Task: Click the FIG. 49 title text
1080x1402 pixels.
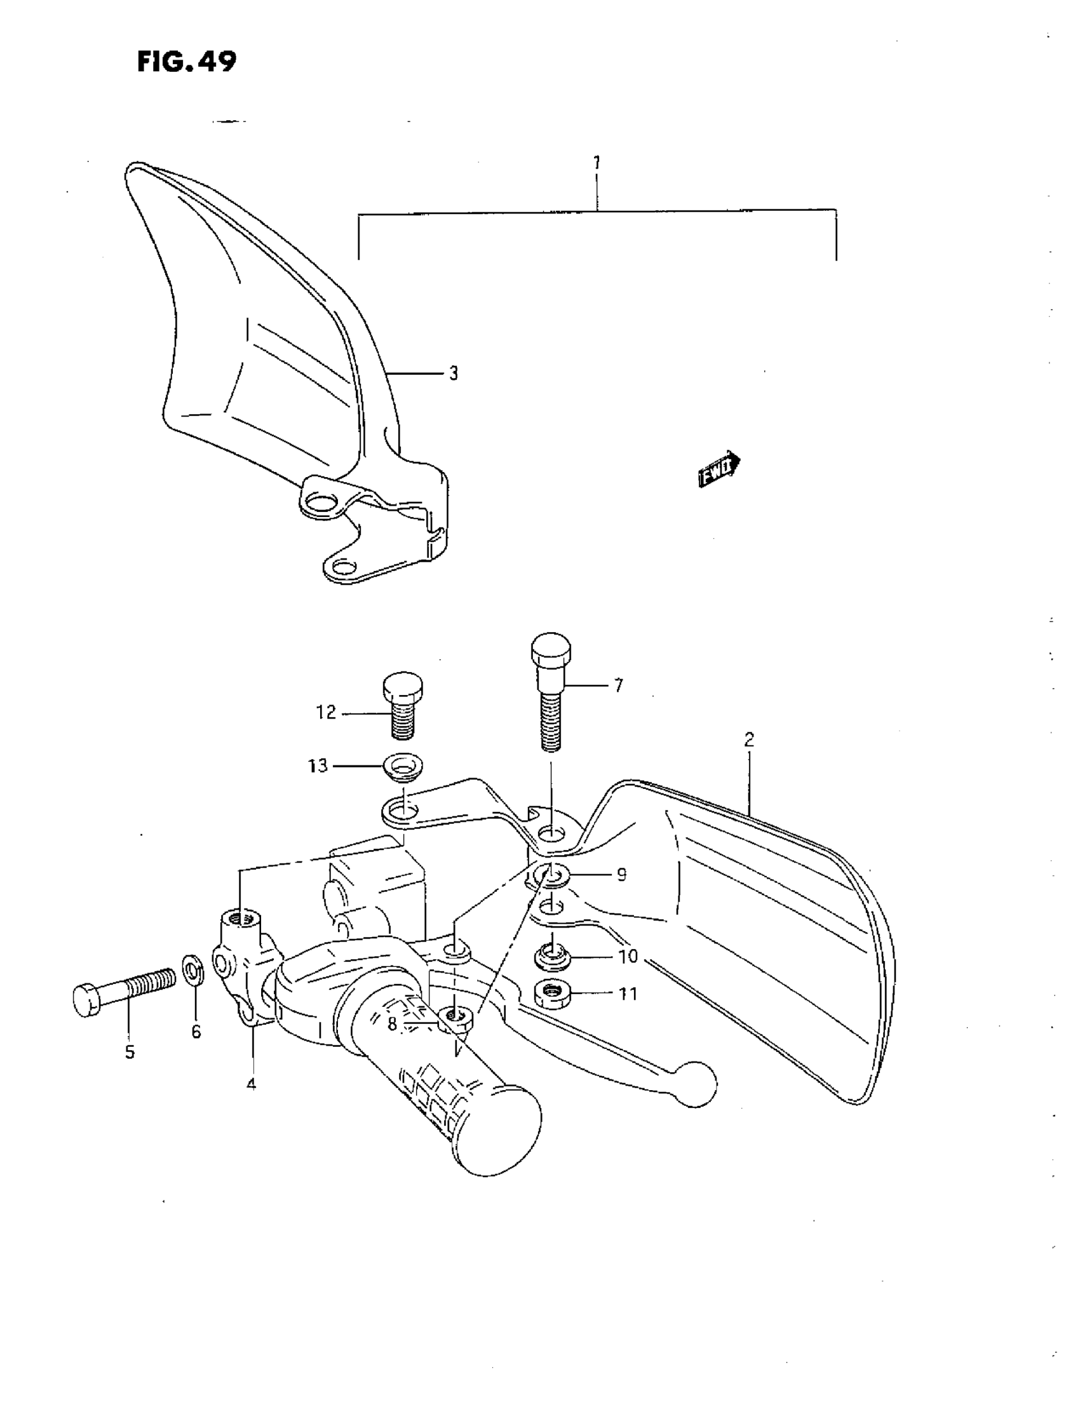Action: tap(186, 62)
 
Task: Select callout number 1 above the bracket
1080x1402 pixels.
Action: tap(597, 163)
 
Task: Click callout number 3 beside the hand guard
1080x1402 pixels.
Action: tap(454, 374)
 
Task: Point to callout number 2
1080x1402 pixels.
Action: tap(748, 739)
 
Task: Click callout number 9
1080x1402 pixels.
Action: tap(621, 874)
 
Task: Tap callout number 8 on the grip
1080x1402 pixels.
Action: tap(393, 1024)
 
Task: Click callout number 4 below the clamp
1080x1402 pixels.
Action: tap(251, 1084)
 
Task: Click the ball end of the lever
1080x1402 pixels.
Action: tap(696, 1084)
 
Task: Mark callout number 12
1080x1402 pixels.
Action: tap(326, 712)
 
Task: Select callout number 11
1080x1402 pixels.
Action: tap(627, 994)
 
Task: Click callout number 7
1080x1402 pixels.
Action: tap(618, 686)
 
